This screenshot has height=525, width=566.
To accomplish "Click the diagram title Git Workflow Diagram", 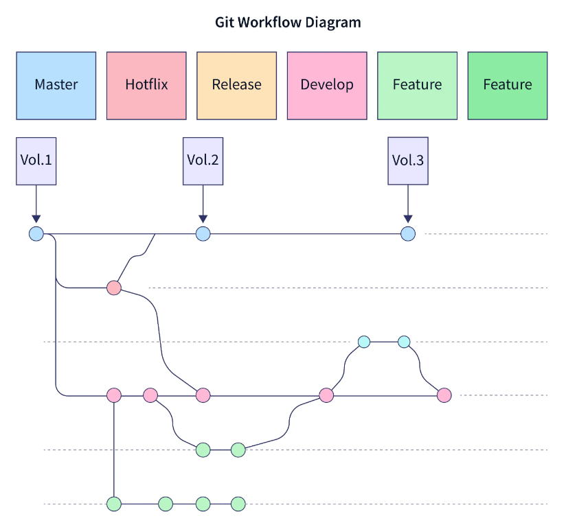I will [288, 23].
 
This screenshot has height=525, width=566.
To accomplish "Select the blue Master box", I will [56, 85].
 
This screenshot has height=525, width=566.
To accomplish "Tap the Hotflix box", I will [146, 85].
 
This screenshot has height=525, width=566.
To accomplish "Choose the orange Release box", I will [236, 85].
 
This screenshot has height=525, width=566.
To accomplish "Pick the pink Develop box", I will [327, 85].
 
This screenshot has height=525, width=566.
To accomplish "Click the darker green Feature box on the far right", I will [508, 85].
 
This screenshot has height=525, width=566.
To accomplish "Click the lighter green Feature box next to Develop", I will [417, 85].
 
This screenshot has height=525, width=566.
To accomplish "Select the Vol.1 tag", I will [36, 161].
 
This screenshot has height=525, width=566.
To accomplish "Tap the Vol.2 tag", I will [203, 161].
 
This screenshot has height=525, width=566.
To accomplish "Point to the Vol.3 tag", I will [408, 161].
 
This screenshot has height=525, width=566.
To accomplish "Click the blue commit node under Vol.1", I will [36, 234].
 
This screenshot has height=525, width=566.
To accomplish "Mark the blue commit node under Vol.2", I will [203, 234].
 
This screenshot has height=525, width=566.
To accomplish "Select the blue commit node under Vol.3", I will [408, 234].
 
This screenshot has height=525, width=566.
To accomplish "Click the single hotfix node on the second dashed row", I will [114, 288].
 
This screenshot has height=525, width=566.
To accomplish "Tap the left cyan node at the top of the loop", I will [364, 342].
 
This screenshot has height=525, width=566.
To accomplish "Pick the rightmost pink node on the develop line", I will [444, 395].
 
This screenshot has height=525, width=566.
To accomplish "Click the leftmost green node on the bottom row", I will [114, 504].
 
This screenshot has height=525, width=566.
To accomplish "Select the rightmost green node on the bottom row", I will [238, 504].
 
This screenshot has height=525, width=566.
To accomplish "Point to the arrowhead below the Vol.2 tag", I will [203, 219].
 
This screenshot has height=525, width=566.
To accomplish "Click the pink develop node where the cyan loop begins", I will [326, 395].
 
